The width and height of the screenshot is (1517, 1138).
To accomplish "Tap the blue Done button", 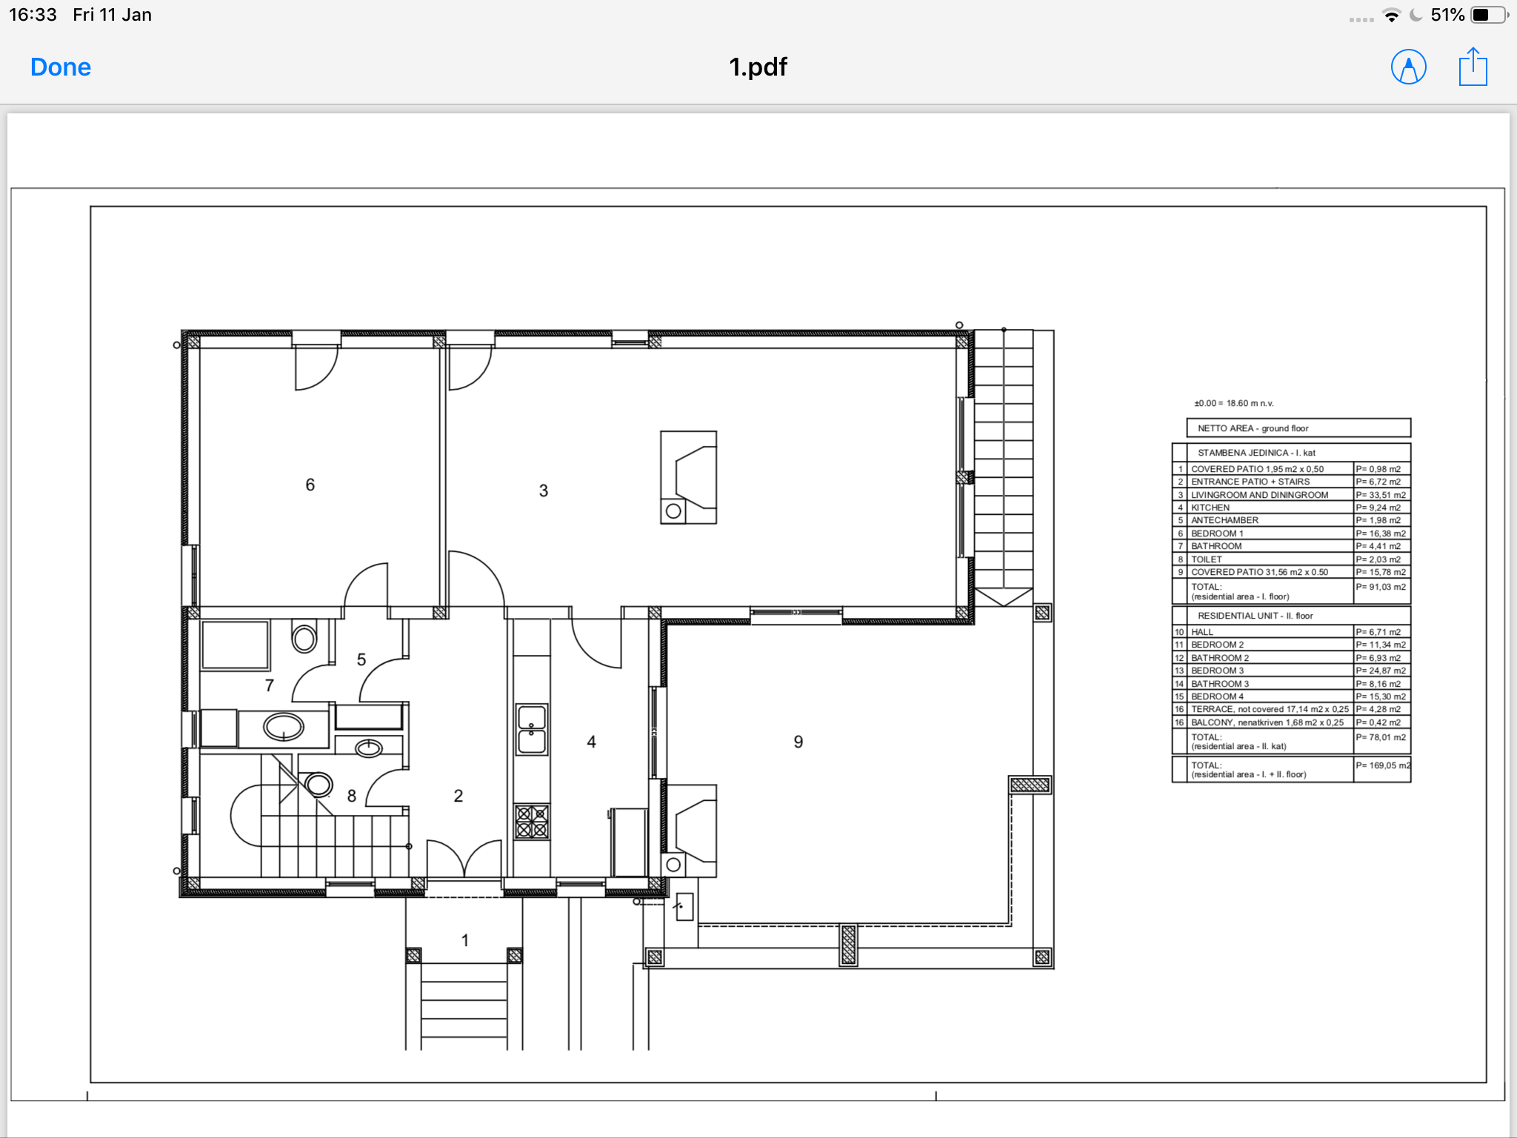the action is coord(61,67).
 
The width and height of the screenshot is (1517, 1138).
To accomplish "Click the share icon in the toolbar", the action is coord(1473,67).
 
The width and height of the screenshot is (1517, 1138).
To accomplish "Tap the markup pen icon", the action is coord(1408,67).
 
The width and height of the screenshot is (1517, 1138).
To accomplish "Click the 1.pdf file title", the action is coord(758,67).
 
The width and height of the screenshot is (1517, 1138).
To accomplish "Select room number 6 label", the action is coord(310,485).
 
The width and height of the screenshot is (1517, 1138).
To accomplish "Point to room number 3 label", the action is coord(544,490).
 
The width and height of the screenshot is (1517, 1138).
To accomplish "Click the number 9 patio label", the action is coord(798,742).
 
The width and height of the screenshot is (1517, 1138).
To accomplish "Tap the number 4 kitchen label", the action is coord(591,742).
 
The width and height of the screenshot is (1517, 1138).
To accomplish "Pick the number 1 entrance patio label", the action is coord(465,940).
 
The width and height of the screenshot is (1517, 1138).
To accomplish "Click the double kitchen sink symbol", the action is coord(532,730).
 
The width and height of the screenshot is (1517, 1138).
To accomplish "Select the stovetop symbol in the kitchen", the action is coord(532,822).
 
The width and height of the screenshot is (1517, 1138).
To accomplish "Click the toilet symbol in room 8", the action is coord(319,784).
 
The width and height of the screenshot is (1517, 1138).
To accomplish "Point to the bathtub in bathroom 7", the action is coord(235,645).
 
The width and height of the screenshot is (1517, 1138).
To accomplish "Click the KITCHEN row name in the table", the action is coord(1210,508).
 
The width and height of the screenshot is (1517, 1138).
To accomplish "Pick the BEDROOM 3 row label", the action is coord(1218,671).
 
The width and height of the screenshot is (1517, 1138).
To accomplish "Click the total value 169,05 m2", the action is coord(1383,765).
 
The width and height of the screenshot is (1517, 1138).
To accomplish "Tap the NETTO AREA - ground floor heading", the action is coord(1253,428).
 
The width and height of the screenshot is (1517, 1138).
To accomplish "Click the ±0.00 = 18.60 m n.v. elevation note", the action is coord(1233,404).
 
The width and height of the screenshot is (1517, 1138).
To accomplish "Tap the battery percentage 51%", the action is coord(1447,15).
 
